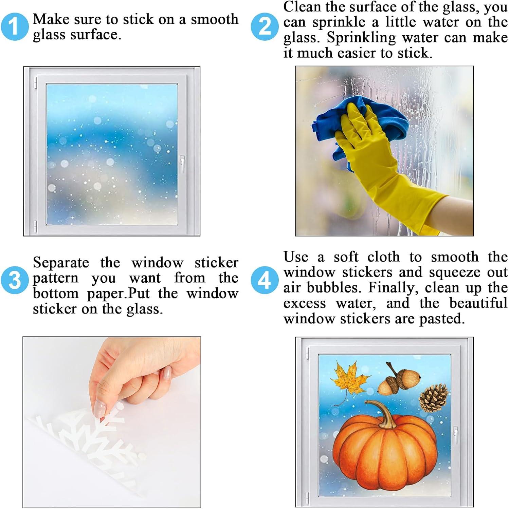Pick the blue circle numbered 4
pyautogui.click(x=264, y=280)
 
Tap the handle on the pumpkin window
pyautogui.click(x=455, y=435)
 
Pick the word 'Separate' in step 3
pyautogui.click(x=61, y=263)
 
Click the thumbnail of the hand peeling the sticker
pyautogui.click(x=112, y=422)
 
